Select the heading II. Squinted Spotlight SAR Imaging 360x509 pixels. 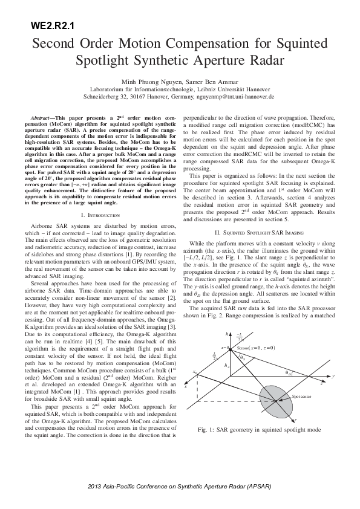[260, 215]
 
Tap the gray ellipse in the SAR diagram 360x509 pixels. [280, 400]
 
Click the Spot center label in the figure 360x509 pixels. [302, 397]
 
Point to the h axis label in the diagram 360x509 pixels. [228, 334]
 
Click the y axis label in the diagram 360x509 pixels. [333, 376]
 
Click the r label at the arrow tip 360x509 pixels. [295, 419]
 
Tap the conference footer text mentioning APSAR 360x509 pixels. [180, 487]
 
